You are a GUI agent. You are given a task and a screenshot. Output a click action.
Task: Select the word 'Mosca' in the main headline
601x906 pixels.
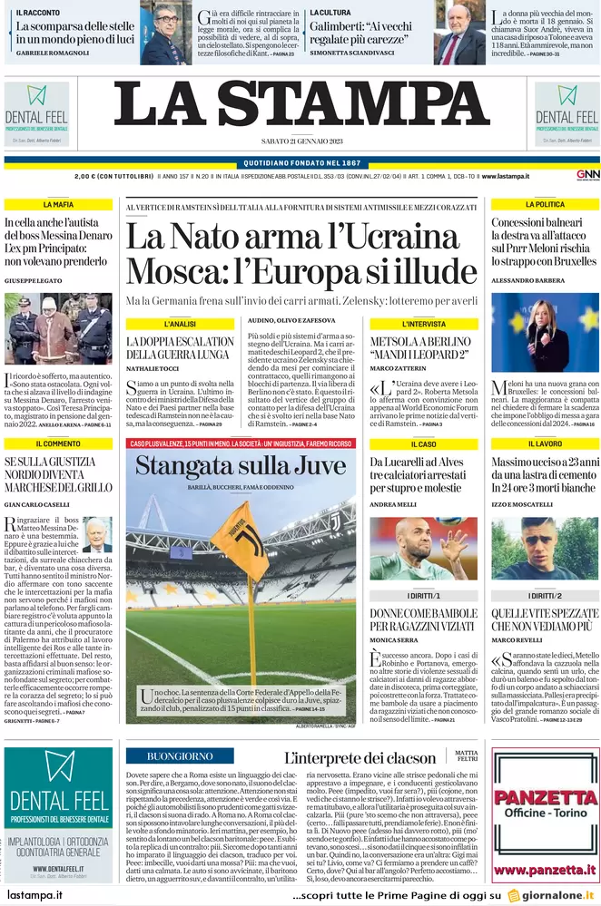pyautogui.click(x=179, y=270)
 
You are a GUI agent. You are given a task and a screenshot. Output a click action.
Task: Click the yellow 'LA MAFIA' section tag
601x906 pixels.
pyautogui.click(x=57, y=205)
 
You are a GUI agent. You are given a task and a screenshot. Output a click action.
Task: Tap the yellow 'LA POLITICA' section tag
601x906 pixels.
pyautogui.click(x=545, y=205)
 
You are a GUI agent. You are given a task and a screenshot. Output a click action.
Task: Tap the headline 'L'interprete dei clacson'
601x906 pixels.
pyautogui.click(x=361, y=757)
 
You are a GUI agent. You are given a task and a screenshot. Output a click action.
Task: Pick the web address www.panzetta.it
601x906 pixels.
pyautogui.click(x=545, y=872)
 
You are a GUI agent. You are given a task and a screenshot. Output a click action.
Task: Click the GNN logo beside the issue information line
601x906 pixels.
pyautogui.click(x=587, y=174)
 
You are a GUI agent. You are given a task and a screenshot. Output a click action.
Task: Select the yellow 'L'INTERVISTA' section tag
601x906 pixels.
pyautogui.click(x=420, y=324)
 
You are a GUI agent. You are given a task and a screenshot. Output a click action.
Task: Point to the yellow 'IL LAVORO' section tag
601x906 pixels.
pyautogui.click(x=545, y=443)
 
